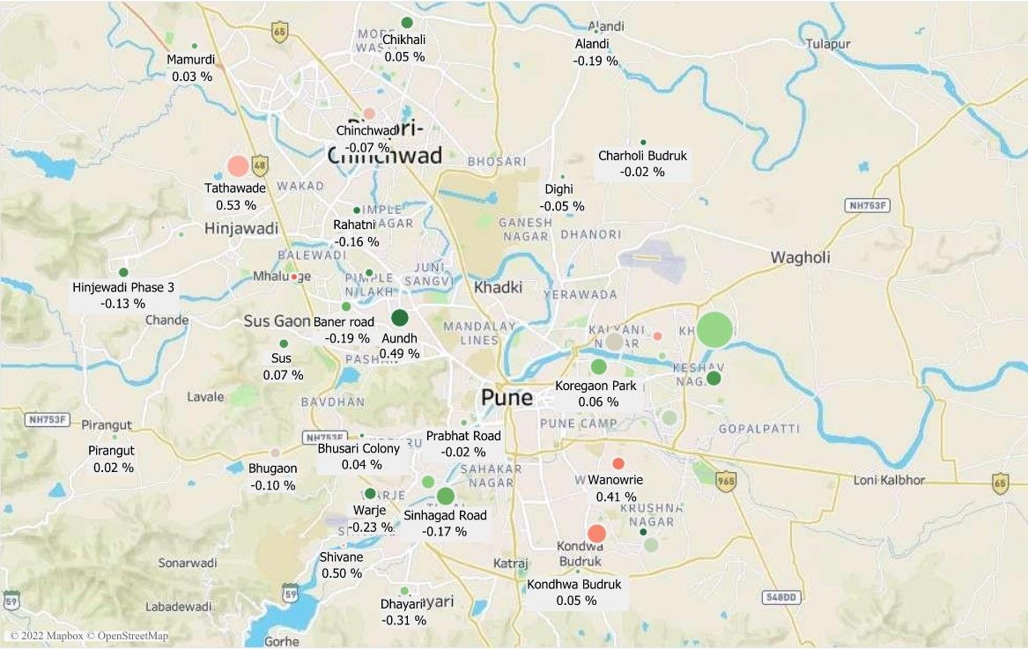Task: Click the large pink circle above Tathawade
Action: point(238,166)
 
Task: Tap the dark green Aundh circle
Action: point(399,318)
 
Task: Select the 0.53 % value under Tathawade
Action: point(235,205)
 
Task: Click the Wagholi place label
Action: point(800,258)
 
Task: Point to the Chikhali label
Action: point(403,40)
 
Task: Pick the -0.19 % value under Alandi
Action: point(595,62)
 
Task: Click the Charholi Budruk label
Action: point(642,156)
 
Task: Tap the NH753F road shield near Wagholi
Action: point(867,205)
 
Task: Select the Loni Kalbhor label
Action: point(889,480)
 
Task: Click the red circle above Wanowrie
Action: point(618,464)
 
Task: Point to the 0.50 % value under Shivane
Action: point(341,573)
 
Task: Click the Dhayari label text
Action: point(396,604)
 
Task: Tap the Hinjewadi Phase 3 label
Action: point(123,287)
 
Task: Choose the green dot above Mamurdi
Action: point(194,46)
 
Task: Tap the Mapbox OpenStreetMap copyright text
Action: point(88,636)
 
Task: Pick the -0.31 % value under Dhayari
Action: point(403,621)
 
